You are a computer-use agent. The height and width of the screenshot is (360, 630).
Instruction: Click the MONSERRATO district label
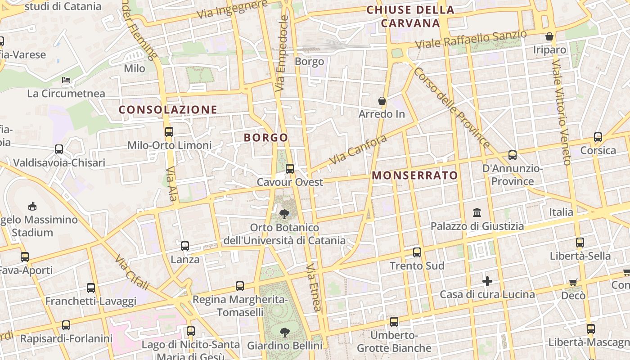click(x=415, y=175)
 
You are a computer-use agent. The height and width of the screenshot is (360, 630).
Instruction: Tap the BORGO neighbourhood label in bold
click(x=265, y=138)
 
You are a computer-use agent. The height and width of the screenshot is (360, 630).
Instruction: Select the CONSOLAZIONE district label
click(x=168, y=110)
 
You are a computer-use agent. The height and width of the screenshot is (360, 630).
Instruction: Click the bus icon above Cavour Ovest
click(x=290, y=169)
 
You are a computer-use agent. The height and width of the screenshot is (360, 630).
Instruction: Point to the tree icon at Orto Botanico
click(x=284, y=214)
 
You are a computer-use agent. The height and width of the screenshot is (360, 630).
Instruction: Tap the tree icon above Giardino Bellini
click(x=284, y=333)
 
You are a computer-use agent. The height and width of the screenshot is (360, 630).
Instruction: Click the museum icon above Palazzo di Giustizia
click(x=477, y=212)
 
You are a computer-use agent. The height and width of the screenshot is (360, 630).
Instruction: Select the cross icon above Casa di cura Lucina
click(x=487, y=282)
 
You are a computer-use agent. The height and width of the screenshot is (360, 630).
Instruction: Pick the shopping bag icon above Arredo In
click(x=382, y=101)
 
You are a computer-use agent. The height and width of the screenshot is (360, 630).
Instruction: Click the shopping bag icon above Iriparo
click(x=549, y=36)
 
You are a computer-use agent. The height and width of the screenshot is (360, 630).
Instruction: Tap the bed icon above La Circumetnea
click(x=66, y=81)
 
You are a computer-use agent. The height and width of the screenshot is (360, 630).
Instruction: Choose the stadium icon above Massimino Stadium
click(x=32, y=207)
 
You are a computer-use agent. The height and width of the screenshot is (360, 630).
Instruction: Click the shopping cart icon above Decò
click(x=573, y=283)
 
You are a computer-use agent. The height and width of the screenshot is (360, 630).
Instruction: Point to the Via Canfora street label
click(x=358, y=149)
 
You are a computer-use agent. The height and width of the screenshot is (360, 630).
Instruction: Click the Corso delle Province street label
click(x=451, y=108)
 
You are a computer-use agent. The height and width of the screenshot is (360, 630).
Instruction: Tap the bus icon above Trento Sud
click(x=417, y=252)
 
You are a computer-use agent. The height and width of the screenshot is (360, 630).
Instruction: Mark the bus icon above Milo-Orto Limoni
click(x=169, y=132)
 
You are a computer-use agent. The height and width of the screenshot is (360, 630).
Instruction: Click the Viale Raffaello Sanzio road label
click(x=471, y=40)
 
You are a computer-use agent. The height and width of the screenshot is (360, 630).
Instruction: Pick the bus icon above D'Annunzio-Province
click(x=512, y=155)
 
